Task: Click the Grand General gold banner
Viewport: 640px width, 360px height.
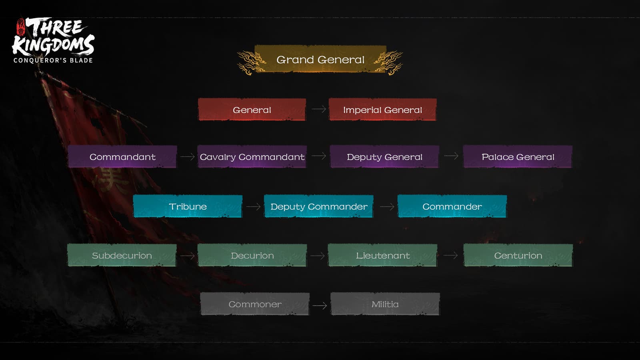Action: click(x=320, y=60)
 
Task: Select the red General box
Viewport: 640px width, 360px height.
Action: click(x=252, y=110)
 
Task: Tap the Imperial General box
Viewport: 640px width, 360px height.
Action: click(x=382, y=110)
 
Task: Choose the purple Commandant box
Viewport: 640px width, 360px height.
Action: click(x=122, y=156)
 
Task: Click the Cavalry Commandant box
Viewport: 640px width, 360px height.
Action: click(x=252, y=156)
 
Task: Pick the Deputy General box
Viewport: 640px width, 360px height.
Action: click(x=384, y=156)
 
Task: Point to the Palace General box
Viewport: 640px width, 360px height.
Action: click(x=518, y=156)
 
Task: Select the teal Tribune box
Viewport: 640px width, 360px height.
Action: click(x=188, y=206)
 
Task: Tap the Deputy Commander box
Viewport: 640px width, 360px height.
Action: click(x=319, y=206)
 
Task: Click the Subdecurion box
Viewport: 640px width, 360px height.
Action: click(x=122, y=255)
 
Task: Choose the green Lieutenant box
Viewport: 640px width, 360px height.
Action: click(x=382, y=255)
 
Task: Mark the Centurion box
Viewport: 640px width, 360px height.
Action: click(x=518, y=255)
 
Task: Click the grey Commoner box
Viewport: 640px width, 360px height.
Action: click(x=255, y=304)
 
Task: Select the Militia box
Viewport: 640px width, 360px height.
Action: click(x=385, y=304)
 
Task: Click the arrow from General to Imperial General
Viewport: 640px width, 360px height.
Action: click(x=318, y=109)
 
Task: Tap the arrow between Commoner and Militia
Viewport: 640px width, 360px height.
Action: click(x=320, y=306)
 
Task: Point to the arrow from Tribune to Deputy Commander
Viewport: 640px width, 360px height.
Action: click(x=253, y=206)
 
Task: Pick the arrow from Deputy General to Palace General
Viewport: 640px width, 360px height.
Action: click(x=451, y=156)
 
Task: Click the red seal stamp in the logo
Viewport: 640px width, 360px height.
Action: click(x=20, y=27)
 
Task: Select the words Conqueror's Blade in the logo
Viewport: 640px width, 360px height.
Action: click(x=53, y=60)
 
